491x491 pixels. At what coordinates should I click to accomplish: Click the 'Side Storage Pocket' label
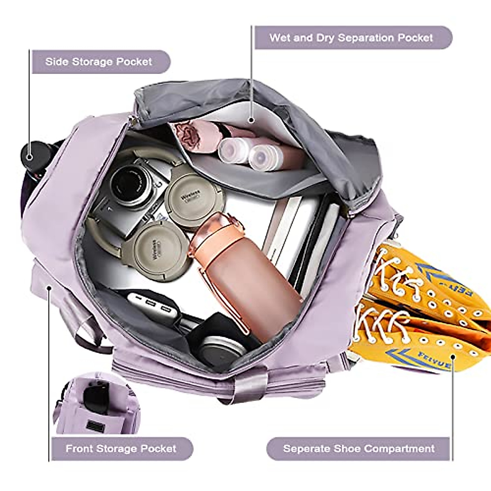[98, 62]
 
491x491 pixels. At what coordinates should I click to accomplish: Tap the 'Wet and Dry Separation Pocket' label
[351, 38]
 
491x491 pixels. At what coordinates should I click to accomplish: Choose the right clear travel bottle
[263, 156]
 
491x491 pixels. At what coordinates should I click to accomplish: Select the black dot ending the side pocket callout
[29, 156]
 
